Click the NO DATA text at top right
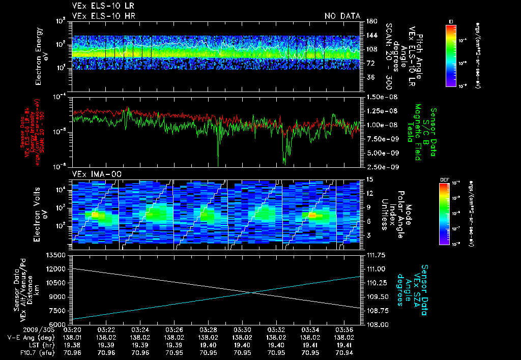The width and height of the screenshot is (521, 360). click(342, 16)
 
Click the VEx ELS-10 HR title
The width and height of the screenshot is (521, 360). click(103, 16)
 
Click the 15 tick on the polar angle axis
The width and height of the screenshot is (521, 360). click(368, 179)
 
